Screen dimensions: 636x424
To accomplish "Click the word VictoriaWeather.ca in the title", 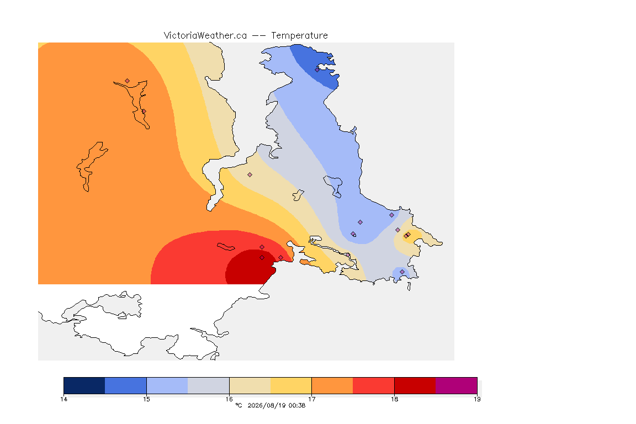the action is (205, 36).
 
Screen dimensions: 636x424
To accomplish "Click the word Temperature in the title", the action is (299, 36).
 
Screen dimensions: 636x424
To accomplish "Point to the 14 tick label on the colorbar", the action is (63, 399).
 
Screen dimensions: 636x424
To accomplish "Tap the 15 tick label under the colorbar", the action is (146, 399).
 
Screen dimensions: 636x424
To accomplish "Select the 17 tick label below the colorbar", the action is (311, 399).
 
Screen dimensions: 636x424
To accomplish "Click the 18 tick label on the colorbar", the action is (394, 399).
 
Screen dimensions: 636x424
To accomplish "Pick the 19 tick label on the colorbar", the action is (477, 399).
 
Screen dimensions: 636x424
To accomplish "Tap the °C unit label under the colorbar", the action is (239, 405).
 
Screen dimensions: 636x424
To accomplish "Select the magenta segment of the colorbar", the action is (457, 385).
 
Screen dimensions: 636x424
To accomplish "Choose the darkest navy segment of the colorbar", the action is (84, 385).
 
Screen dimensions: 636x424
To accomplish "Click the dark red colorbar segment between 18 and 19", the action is (415, 385).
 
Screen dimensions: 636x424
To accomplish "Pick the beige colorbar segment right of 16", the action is (250, 385).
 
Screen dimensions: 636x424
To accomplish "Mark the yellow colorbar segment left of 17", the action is (291, 385).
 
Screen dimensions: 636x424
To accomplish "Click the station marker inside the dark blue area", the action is (317, 70).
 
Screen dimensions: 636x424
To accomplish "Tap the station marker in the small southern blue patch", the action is (402, 272).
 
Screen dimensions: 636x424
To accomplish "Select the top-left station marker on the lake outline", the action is (128, 81).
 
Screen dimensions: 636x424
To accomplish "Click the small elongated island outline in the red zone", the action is (226, 247).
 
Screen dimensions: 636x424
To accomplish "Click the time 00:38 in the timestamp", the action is (297, 405).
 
